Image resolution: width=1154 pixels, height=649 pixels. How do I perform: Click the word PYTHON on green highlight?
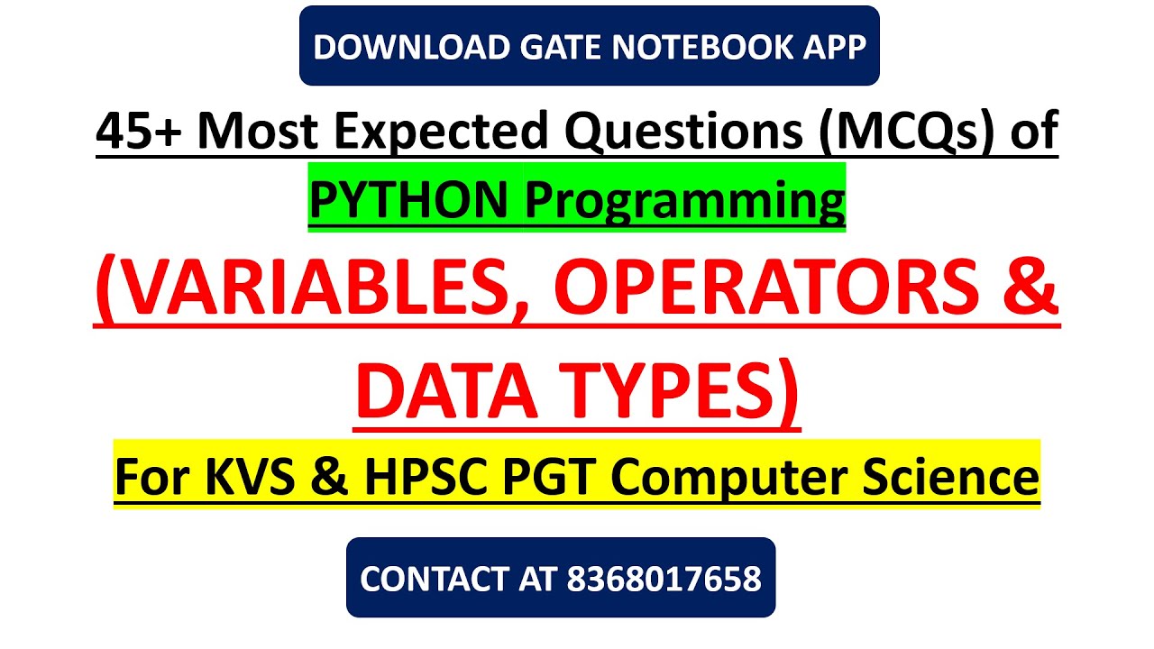tap(409, 200)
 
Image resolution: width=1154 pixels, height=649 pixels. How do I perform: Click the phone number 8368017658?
tap(664, 579)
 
